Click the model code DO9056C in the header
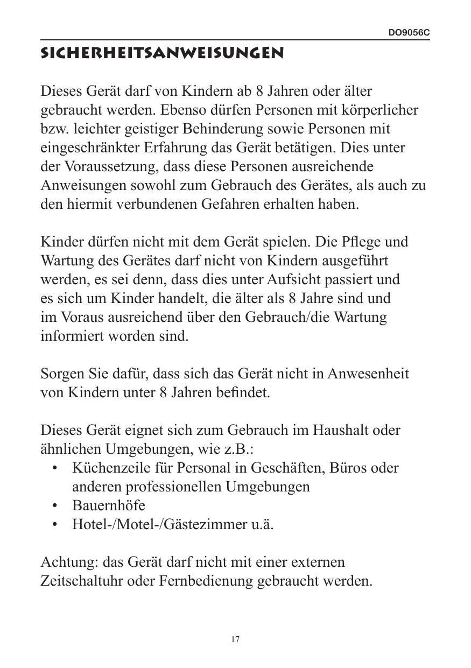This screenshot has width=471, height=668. coord(409,33)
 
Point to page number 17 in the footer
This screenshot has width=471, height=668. coord(235,639)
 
